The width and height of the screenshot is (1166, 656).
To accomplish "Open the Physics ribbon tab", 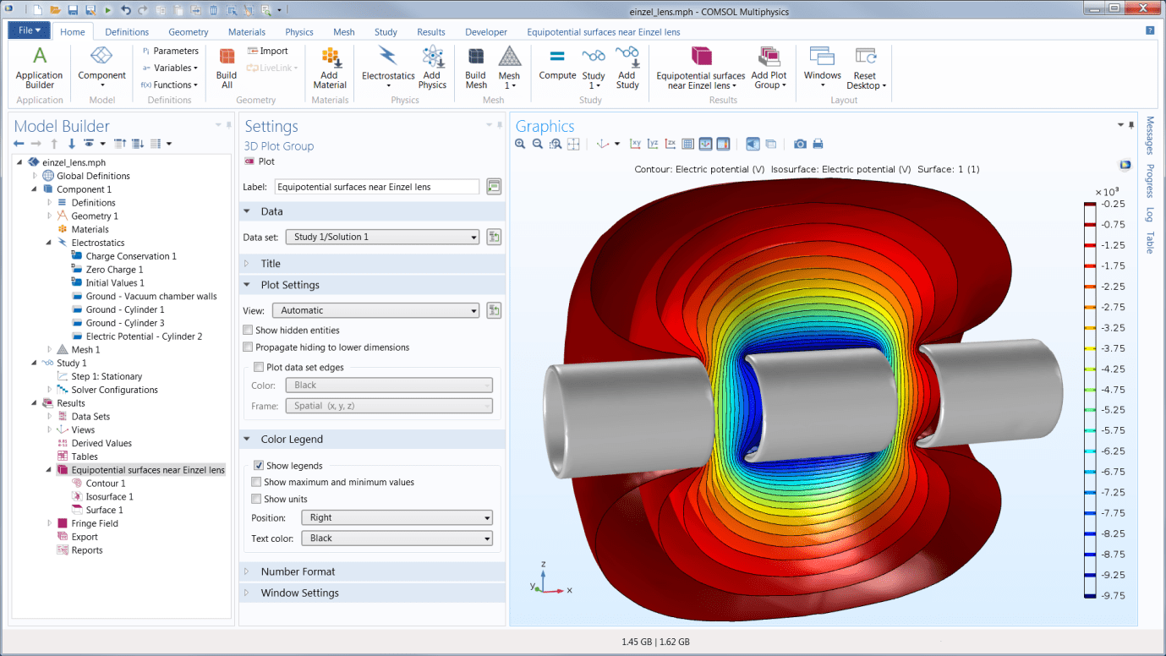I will pyautogui.click(x=299, y=32).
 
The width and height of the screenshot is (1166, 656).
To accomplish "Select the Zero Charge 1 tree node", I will pyautogui.click(x=114, y=270).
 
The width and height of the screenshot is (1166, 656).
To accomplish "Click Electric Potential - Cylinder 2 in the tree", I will pyautogui.click(x=144, y=336).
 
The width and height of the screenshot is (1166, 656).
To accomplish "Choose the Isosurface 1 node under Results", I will pyautogui.click(x=109, y=497).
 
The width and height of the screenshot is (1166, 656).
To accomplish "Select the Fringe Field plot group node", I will pyautogui.click(x=94, y=523).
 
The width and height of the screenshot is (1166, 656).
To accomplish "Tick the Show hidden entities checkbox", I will pyautogui.click(x=248, y=331).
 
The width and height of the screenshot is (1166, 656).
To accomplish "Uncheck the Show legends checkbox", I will pyautogui.click(x=259, y=466).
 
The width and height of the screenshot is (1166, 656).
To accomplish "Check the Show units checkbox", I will pyautogui.click(x=256, y=499).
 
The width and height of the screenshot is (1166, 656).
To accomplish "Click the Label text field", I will pyautogui.click(x=376, y=187).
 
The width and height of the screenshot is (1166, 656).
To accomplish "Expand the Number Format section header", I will pyautogui.click(x=298, y=571).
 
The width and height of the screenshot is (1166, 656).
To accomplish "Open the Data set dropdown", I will pyautogui.click(x=382, y=237).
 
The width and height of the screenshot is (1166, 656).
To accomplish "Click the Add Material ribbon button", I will pyautogui.click(x=330, y=68).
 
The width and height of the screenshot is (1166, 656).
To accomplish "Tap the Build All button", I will pyautogui.click(x=227, y=68).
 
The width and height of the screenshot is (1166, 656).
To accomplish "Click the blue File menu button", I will pyautogui.click(x=30, y=30).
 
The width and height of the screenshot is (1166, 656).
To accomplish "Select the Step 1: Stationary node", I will pyautogui.click(x=107, y=376).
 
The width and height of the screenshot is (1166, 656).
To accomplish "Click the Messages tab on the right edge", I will pyautogui.click(x=1150, y=136).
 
